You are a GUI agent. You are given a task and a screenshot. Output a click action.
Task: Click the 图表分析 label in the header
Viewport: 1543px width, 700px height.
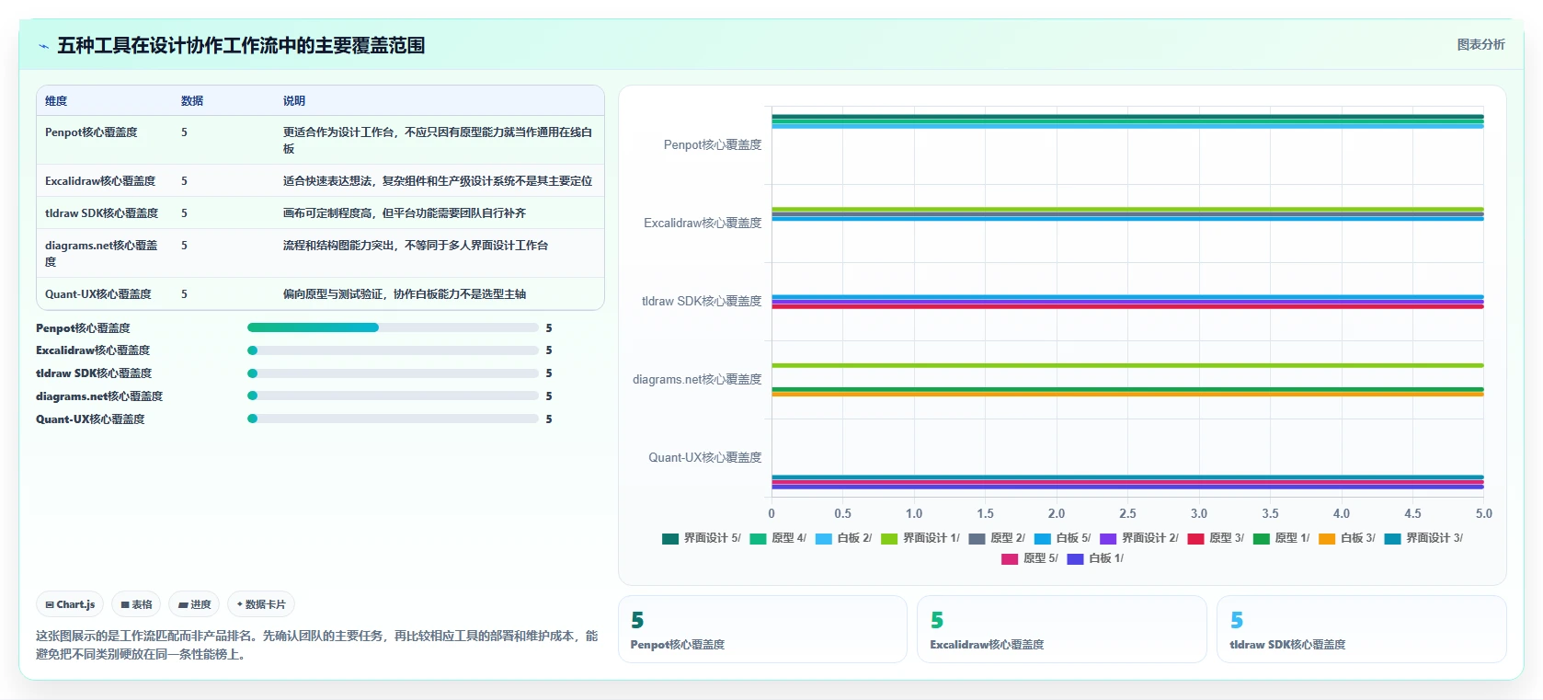click(1480, 45)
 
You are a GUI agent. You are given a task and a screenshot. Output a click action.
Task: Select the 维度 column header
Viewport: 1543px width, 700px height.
click(56, 100)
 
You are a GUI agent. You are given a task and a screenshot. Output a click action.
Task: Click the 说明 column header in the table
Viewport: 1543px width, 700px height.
click(294, 100)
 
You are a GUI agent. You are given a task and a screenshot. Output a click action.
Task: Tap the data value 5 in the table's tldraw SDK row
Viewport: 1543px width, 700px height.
click(184, 212)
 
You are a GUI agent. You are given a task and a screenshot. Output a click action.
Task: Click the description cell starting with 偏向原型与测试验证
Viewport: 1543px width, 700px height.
click(405, 294)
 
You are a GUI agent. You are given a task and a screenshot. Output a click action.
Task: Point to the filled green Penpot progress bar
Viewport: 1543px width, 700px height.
click(313, 327)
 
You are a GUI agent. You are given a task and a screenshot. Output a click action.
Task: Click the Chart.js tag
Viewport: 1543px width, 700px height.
click(70, 604)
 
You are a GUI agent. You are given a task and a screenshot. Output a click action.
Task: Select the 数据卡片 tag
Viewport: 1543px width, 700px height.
click(261, 604)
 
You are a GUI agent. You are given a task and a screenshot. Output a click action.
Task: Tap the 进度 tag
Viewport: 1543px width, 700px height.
click(194, 604)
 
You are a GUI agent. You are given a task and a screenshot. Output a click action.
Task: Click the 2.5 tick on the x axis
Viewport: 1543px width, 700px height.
click(1127, 513)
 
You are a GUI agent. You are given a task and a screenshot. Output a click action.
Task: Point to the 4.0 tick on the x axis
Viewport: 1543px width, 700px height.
click(1342, 513)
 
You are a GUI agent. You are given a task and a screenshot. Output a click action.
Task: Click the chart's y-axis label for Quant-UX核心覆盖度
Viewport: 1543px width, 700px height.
click(704, 457)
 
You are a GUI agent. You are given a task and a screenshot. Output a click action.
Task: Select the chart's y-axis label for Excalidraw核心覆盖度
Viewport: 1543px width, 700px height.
click(703, 223)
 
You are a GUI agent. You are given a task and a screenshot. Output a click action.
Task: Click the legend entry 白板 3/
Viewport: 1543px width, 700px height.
click(1347, 538)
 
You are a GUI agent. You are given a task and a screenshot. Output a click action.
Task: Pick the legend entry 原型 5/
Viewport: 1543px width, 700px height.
click(1030, 558)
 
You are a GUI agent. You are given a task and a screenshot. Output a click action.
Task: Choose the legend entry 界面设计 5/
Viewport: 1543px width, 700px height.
click(702, 538)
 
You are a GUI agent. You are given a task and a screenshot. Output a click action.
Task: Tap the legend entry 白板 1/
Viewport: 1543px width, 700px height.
click(1095, 558)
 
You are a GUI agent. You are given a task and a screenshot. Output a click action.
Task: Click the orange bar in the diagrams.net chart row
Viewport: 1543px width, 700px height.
click(1127, 394)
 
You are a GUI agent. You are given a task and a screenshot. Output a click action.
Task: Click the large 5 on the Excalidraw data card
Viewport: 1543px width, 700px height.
click(937, 620)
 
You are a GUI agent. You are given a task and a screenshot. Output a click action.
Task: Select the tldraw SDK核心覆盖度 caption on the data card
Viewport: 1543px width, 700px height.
click(1287, 644)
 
